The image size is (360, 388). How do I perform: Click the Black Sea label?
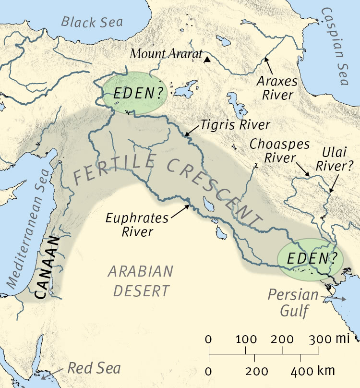click(x=92, y=22)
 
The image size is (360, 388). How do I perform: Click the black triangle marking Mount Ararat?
click(x=207, y=60)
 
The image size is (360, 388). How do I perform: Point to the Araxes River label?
click(x=277, y=87)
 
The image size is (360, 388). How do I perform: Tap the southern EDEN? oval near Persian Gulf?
click(x=311, y=259)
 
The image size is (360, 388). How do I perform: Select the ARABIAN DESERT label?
click(x=140, y=281)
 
